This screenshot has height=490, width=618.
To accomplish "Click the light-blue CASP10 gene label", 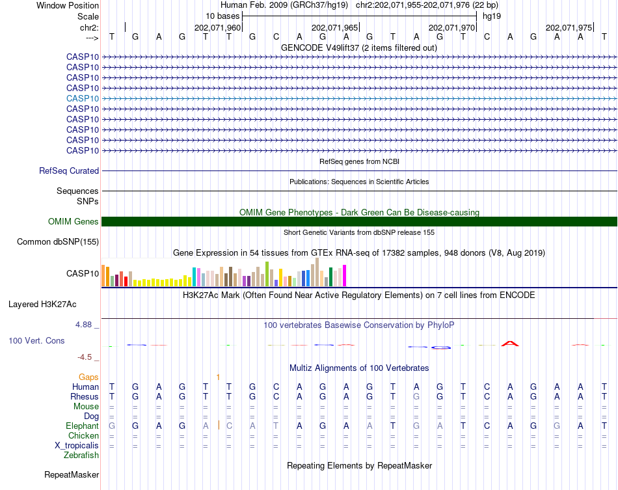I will pyautogui.click(x=83, y=98).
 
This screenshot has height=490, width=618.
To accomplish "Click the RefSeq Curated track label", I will pyautogui.click(x=69, y=171).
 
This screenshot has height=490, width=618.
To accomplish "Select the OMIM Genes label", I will pyautogui.click(x=74, y=222).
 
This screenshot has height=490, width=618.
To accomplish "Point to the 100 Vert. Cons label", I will pyautogui.click(x=36, y=340).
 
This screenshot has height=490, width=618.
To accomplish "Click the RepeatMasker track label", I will pyautogui.click(x=72, y=475).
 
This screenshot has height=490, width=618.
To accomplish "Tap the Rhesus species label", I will pyautogui.click(x=85, y=397).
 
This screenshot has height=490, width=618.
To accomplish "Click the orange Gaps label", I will pyautogui.click(x=88, y=377).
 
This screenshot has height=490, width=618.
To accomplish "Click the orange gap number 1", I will pyautogui.click(x=218, y=377).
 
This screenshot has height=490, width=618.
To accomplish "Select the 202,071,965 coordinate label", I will pyautogui.click(x=335, y=28).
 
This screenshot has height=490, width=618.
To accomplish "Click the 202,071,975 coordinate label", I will pyautogui.click(x=569, y=28).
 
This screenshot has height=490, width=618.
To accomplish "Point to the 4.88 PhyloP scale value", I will pyautogui.click(x=87, y=325).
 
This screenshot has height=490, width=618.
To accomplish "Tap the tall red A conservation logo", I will pyautogui.click(x=510, y=343).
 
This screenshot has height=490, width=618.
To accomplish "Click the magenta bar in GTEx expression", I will pyautogui.click(x=345, y=276).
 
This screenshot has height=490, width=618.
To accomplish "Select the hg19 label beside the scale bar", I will pyautogui.click(x=492, y=16).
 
